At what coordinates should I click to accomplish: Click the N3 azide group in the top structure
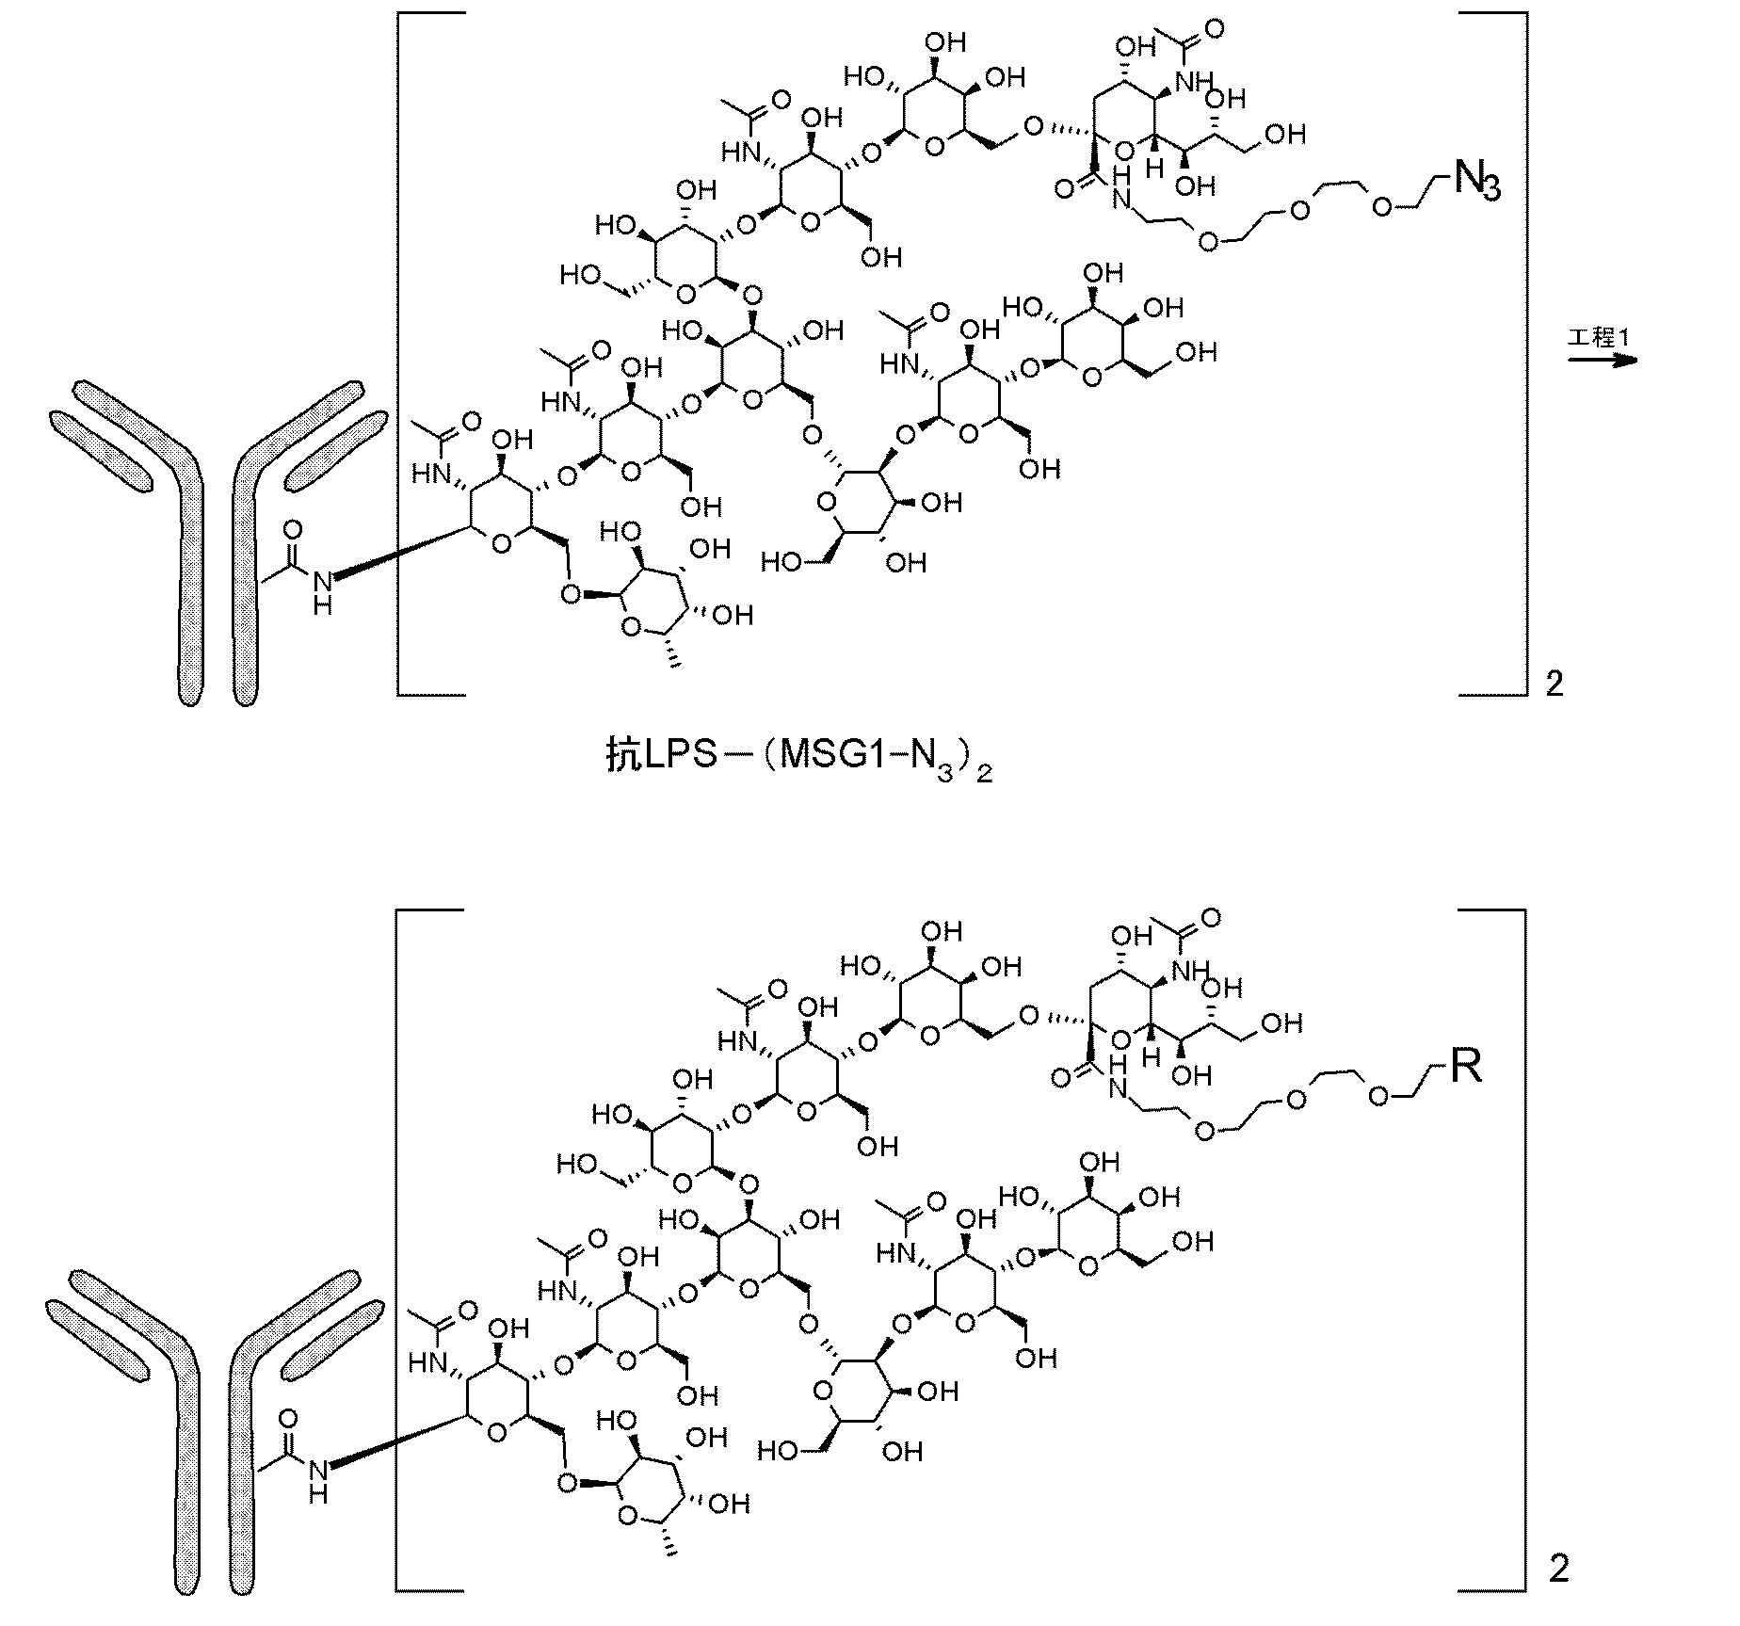click(x=1475, y=180)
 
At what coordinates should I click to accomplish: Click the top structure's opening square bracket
click(x=431, y=354)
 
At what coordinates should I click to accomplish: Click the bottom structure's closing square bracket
click(x=1492, y=1260)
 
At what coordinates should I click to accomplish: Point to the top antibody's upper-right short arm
click(x=336, y=450)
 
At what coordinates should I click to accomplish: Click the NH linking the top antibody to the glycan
click(x=322, y=592)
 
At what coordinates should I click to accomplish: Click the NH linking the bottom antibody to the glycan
click(x=318, y=1482)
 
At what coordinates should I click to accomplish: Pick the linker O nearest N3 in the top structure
click(x=1381, y=208)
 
